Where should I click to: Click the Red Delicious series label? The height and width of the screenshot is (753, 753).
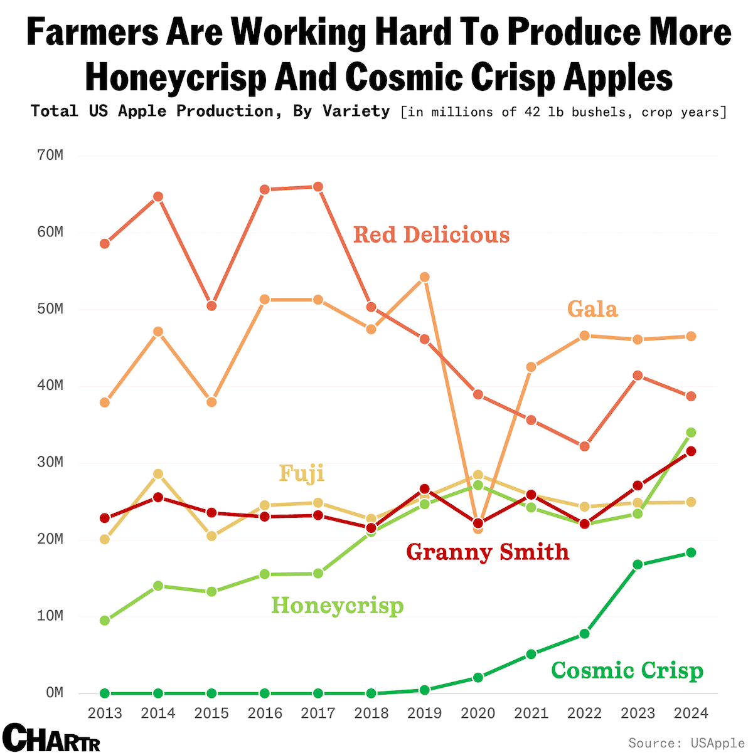[x=431, y=235]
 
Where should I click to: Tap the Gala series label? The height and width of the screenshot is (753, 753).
[x=592, y=308]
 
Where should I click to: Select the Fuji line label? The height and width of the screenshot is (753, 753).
[x=302, y=474]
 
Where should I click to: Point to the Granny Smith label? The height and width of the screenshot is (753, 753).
[x=488, y=552]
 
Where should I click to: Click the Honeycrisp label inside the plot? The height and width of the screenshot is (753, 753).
[x=337, y=606]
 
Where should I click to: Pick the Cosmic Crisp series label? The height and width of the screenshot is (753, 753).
[x=627, y=670]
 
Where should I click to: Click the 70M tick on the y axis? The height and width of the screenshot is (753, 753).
[x=50, y=155]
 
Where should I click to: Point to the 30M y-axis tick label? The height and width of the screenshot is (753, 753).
[x=50, y=462]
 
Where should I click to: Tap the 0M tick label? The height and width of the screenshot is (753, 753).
[x=55, y=692]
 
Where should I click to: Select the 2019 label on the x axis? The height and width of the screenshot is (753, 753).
[x=424, y=713]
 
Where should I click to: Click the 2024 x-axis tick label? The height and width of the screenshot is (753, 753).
[x=691, y=713]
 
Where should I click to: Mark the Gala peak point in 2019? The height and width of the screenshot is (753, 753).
[x=424, y=277]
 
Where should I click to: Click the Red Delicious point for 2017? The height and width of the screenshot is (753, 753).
[x=318, y=187]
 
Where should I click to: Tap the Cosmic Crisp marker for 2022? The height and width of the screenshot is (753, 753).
[x=584, y=633]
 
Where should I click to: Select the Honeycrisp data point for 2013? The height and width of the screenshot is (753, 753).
[x=105, y=621]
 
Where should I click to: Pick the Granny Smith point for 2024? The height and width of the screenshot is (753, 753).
[x=692, y=451]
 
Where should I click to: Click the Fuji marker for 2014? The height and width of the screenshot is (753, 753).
[x=158, y=474]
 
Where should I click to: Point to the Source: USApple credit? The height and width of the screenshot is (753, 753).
[x=686, y=742]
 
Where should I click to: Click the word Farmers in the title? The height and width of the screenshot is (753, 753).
[x=93, y=33]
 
